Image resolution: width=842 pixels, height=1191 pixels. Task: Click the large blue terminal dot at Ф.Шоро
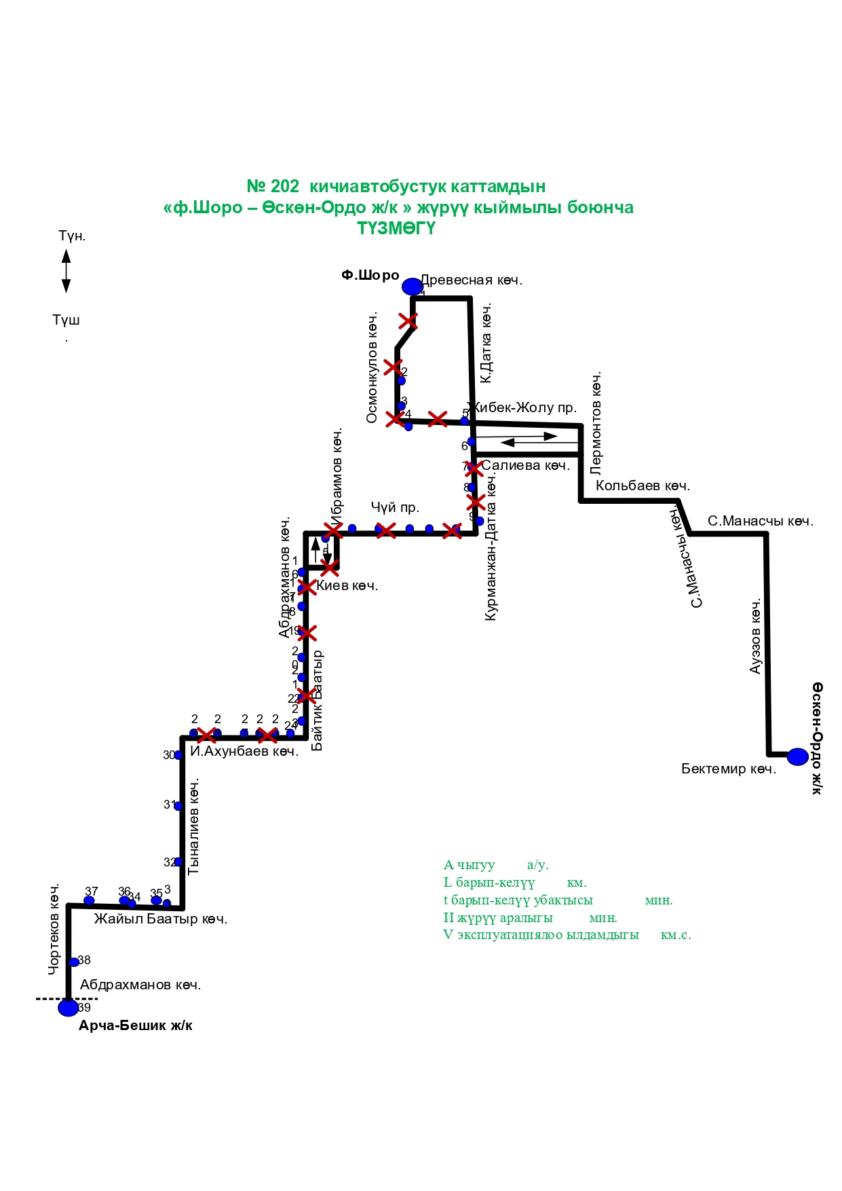click(x=412, y=287)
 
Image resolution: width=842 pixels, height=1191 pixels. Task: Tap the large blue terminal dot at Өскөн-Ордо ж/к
click(x=798, y=756)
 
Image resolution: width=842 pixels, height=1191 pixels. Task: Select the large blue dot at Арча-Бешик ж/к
click(x=68, y=1008)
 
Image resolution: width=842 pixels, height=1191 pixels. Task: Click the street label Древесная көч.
click(x=472, y=280)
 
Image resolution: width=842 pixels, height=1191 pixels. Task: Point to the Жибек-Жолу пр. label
click(x=524, y=407)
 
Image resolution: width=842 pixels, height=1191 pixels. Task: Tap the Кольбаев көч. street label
click(x=643, y=485)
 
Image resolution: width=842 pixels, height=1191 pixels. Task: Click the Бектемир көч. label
click(x=729, y=769)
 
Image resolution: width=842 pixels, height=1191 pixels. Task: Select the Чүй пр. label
click(x=395, y=507)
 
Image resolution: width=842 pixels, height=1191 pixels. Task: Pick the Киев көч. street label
click(x=347, y=585)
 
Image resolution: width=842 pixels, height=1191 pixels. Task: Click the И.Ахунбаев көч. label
click(x=244, y=751)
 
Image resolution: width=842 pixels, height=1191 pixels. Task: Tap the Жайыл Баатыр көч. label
click(x=161, y=919)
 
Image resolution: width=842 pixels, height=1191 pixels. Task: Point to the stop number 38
click(x=84, y=960)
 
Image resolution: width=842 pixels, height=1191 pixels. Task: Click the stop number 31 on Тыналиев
click(x=169, y=805)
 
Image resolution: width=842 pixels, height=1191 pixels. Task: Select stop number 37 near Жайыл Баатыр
click(x=92, y=892)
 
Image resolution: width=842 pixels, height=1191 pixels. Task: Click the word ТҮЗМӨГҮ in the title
click(x=396, y=229)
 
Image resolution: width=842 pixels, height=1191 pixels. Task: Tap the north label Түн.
click(x=72, y=236)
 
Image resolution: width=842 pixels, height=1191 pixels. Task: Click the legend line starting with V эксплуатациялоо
click(x=567, y=935)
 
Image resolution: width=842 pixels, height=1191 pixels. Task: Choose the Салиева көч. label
click(x=525, y=465)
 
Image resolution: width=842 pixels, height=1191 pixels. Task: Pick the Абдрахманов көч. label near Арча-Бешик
click(x=140, y=985)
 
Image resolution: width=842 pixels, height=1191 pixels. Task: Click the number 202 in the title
click(x=285, y=187)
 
